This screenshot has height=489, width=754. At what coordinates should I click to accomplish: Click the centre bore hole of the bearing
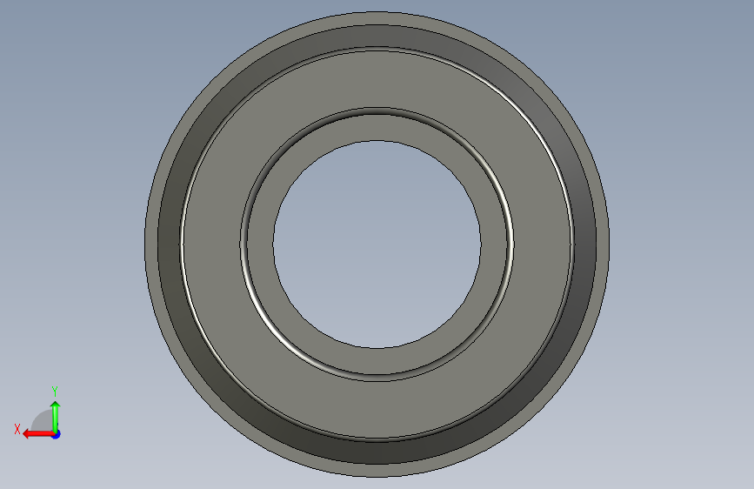[377, 244]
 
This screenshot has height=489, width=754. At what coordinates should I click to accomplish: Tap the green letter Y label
[55, 391]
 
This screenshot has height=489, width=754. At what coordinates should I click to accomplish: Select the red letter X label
[17, 429]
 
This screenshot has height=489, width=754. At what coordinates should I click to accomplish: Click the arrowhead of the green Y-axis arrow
[56, 405]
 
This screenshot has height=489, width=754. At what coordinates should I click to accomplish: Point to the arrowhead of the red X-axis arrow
[27, 434]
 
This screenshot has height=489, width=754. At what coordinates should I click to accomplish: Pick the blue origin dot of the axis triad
[57, 434]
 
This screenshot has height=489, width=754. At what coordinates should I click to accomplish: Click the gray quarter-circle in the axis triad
[43, 420]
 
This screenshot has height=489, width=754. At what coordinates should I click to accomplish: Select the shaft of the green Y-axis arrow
[56, 419]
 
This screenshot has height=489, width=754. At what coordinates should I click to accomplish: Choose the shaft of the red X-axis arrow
[42, 434]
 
